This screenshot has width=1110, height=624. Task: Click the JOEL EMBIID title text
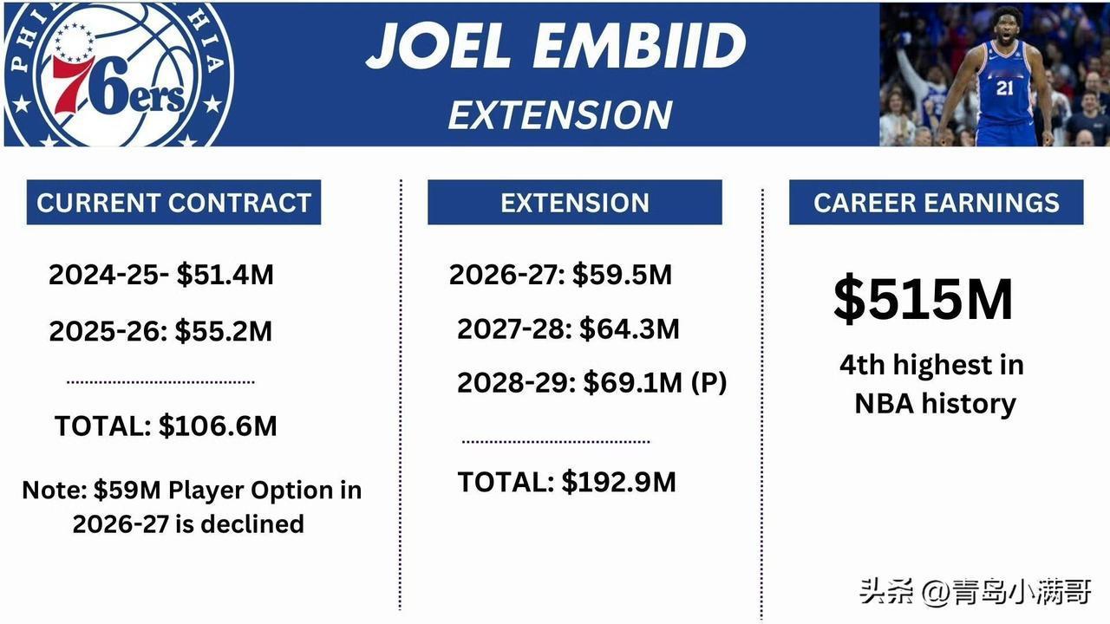pos(556,46)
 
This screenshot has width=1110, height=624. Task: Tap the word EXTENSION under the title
pos(560,115)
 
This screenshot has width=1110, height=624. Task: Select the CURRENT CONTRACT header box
pos(173,202)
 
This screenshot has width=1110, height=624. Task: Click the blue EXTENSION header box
pos(575,202)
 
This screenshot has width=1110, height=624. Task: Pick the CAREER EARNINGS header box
pos(936,202)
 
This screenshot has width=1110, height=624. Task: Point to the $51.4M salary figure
pos(225,275)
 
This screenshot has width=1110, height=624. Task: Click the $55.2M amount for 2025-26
pos(224,331)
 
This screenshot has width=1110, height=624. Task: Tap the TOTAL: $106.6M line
pos(166,426)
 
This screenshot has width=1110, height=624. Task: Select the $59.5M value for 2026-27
pos(623,275)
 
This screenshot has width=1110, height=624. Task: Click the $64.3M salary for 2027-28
pos(630,328)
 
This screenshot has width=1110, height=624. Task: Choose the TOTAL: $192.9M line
pos(566,482)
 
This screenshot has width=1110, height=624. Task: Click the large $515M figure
pos(924,299)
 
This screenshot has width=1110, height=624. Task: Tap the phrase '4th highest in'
pos(931,365)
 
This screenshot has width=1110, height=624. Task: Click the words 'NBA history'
pos(936,404)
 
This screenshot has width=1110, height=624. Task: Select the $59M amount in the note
pos(127,491)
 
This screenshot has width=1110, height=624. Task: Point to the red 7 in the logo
pos(71,84)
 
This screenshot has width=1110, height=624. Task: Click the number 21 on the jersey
pos(1005,88)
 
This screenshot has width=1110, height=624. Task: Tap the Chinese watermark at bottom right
pos(976,592)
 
